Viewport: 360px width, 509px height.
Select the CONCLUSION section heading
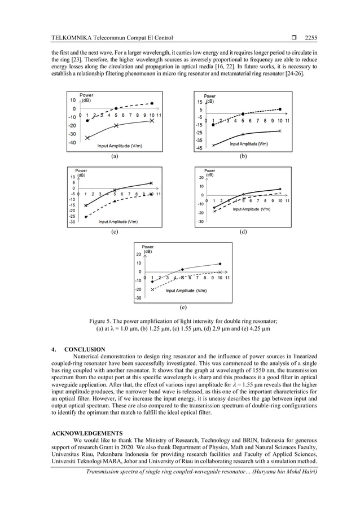[x=85, y=350]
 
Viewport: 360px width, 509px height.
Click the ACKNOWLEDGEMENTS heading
[x=87, y=434]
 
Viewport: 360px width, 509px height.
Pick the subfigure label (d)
[x=243, y=231]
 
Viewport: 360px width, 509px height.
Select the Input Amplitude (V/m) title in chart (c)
[x=118, y=222]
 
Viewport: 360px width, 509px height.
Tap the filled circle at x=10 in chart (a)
[x=152, y=104]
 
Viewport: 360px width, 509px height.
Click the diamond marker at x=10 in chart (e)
[x=220, y=264]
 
